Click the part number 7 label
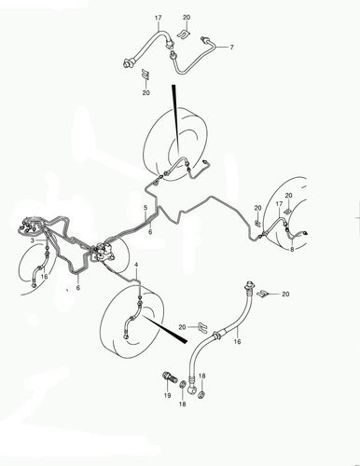[x=231, y=48]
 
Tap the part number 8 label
[x=292, y=249]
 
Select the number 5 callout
[x=145, y=207]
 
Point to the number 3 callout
[x=33, y=240]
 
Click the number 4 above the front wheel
[x=136, y=265]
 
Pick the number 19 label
[x=167, y=395]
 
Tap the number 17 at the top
[x=159, y=18]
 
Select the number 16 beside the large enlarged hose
[x=237, y=341]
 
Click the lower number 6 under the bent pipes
[x=78, y=288]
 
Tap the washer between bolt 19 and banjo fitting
[x=183, y=386]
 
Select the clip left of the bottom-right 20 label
[x=263, y=293]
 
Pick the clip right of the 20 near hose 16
[x=202, y=328]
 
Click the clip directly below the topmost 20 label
[x=184, y=34]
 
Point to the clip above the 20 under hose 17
[x=145, y=75]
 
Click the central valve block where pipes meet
[x=103, y=252]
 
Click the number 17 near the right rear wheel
[x=279, y=204]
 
